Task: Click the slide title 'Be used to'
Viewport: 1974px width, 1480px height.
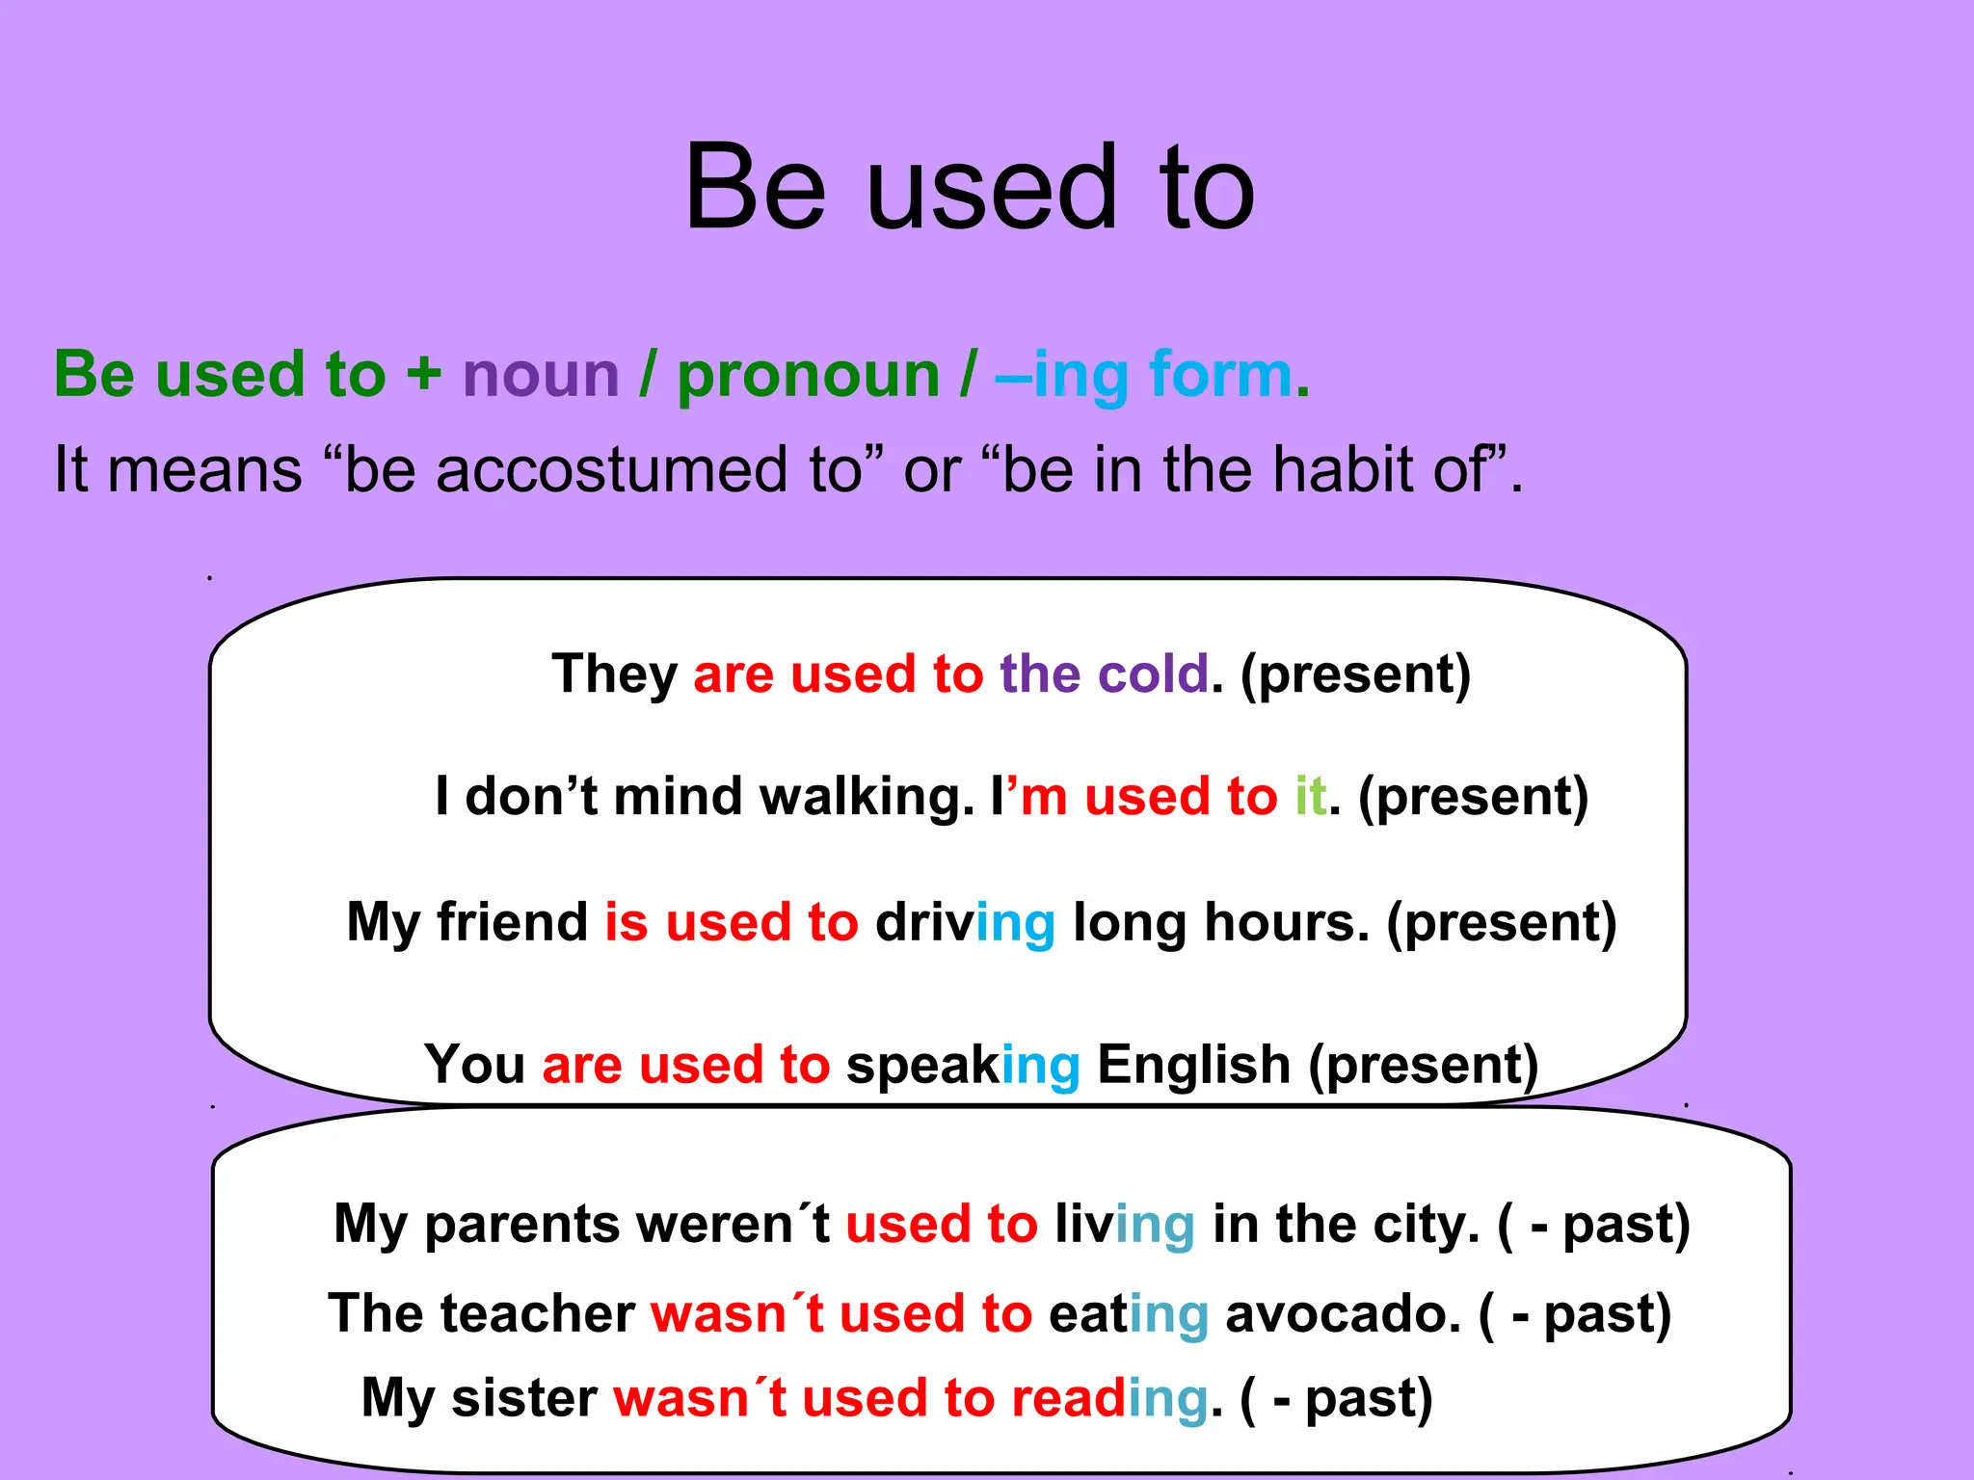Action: click(969, 187)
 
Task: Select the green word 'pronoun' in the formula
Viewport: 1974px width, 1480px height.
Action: click(808, 376)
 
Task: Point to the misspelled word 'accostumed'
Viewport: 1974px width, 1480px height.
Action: click(601, 469)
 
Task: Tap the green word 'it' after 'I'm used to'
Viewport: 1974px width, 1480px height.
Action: click(1310, 796)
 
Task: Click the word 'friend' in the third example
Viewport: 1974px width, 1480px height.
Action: click(512, 921)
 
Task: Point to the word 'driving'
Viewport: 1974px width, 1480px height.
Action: click(965, 923)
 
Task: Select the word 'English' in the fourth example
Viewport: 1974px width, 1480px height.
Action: click(1193, 1065)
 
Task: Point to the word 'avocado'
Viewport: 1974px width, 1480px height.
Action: click(1342, 1313)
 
